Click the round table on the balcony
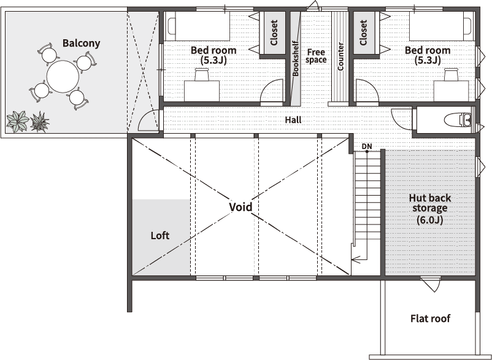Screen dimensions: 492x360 [63, 77]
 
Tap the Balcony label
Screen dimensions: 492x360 [81, 43]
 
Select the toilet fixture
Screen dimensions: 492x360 [458, 120]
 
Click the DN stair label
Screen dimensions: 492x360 [367, 146]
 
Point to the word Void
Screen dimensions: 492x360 [240, 207]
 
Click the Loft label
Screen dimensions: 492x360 [160, 236]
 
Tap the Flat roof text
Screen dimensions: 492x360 [430, 319]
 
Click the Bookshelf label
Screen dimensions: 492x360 [295, 58]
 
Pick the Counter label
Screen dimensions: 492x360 [340, 56]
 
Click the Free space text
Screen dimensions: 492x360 [316, 56]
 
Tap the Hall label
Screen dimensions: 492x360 [293, 120]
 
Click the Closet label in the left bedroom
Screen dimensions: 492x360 [274, 33]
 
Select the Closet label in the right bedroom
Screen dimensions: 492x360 [363, 33]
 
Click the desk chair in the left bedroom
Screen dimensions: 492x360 [202, 74]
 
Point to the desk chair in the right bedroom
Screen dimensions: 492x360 [452, 74]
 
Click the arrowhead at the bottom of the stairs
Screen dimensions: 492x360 [353, 259]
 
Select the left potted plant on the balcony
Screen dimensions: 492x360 [18, 121]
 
